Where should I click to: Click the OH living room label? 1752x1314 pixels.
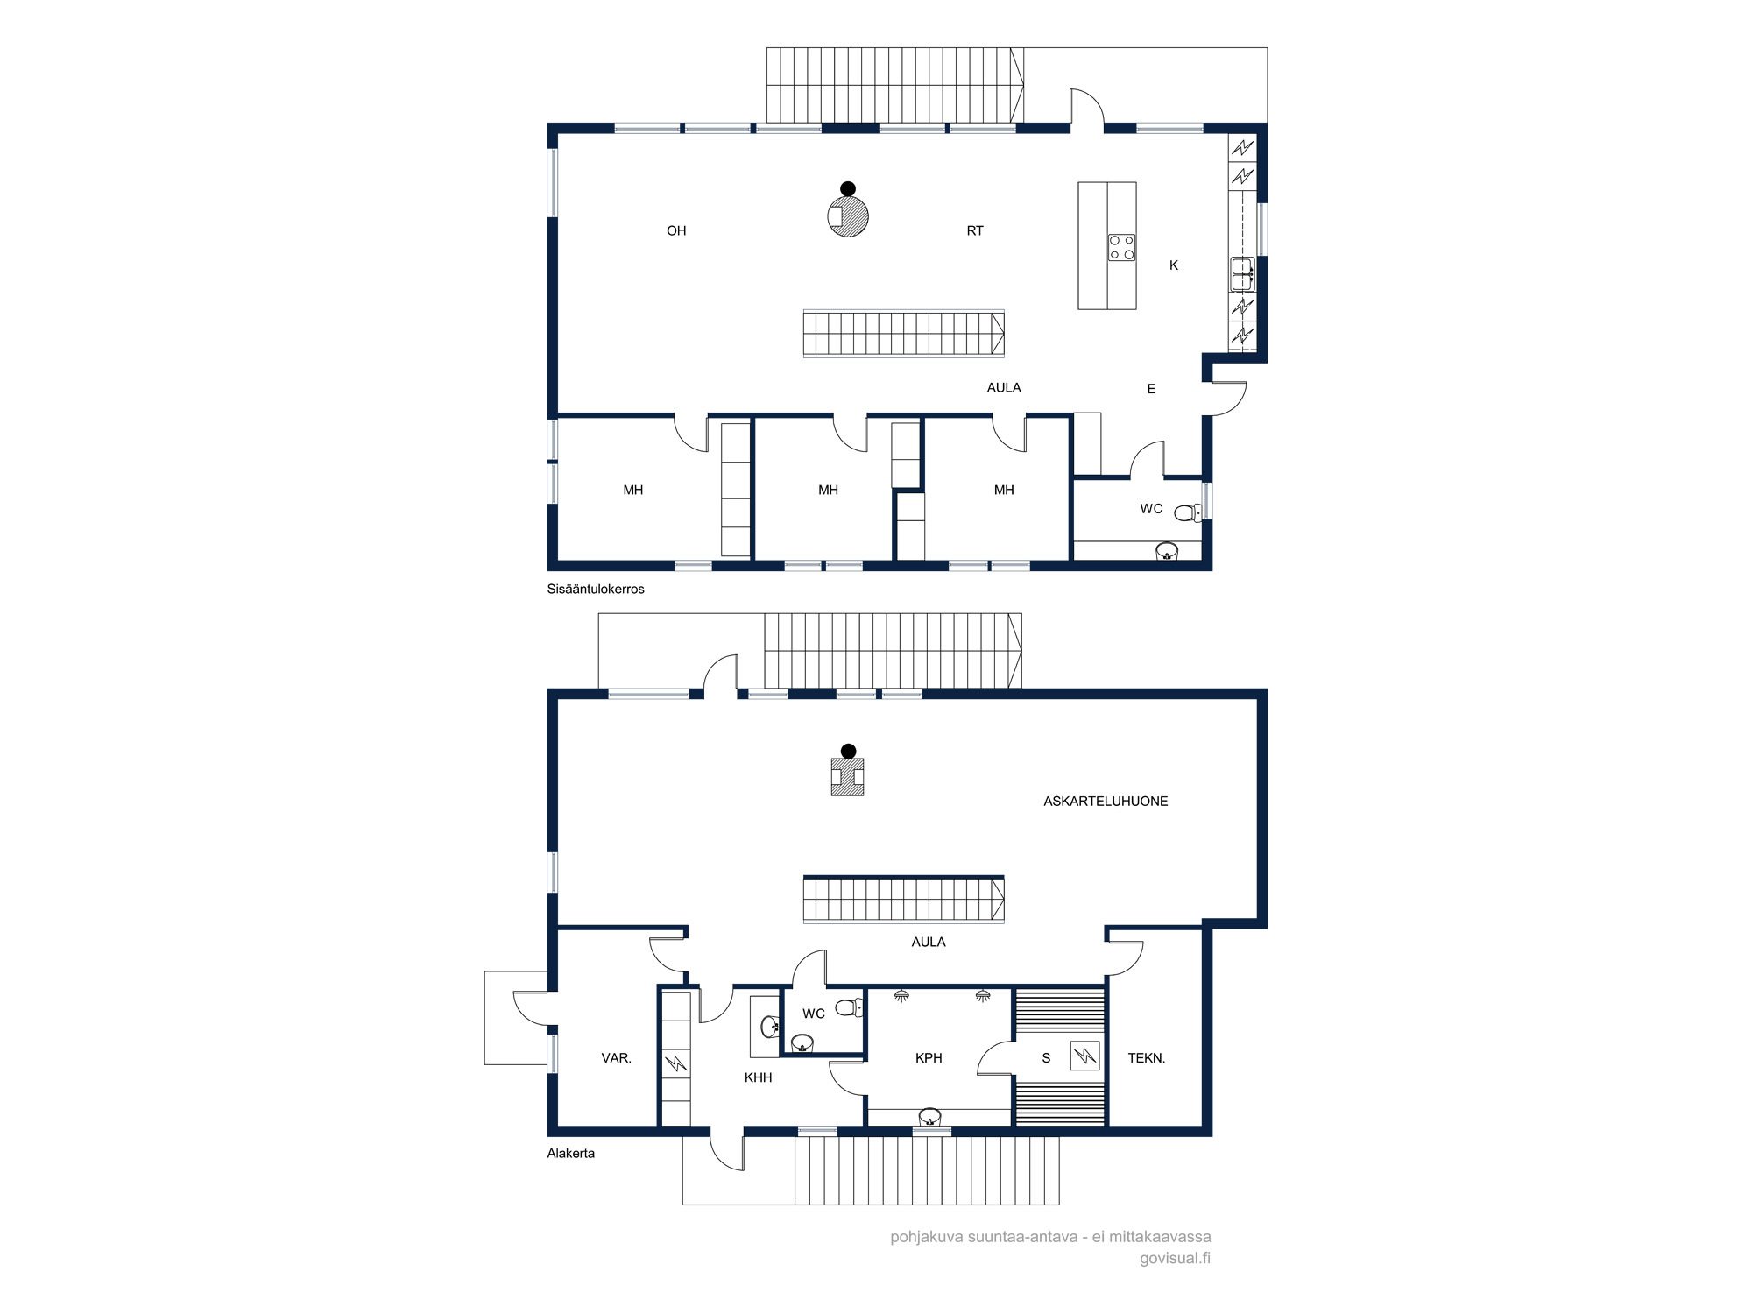tap(676, 231)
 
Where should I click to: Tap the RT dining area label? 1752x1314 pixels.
tap(975, 231)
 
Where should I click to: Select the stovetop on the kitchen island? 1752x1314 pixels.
tap(1122, 247)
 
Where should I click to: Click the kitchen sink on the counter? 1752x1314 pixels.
tap(1242, 274)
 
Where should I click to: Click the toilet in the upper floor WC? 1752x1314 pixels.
tap(1188, 512)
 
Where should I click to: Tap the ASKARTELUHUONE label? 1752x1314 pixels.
tap(1106, 802)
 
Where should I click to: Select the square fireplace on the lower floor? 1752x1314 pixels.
tap(847, 777)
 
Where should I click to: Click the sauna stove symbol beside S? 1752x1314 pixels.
tap(1084, 1056)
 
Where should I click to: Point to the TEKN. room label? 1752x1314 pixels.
tap(1146, 1058)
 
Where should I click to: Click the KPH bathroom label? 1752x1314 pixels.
tap(929, 1058)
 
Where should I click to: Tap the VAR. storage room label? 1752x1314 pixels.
tap(616, 1058)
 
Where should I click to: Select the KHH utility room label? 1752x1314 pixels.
tap(758, 1077)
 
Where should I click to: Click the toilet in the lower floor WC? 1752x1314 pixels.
tap(849, 1008)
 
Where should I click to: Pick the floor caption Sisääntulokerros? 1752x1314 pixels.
tap(596, 590)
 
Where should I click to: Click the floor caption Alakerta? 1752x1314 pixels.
tap(571, 1154)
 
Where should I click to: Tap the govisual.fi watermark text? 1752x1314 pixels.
tap(1175, 1259)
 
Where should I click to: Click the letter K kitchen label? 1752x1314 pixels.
tap(1174, 265)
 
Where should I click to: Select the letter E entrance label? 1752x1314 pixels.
tap(1151, 389)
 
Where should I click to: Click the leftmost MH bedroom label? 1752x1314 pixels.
tap(632, 491)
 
